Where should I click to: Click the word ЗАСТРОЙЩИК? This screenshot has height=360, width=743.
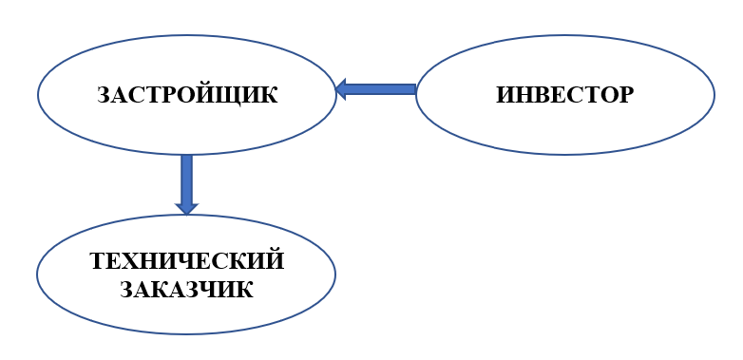click(x=187, y=95)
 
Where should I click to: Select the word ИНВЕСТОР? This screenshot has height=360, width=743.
click(x=564, y=95)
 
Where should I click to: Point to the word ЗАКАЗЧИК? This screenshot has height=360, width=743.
click(x=187, y=289)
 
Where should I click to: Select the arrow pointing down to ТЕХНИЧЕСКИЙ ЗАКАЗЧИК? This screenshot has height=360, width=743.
click(x=186, y=180)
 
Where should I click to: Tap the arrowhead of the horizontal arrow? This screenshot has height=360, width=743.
click(x=342, y=89)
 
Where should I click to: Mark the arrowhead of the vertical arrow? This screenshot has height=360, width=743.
click(x=186, y=206)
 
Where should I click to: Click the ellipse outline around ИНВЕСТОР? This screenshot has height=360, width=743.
click(x=565, y=36)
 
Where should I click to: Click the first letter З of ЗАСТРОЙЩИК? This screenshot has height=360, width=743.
click(x=105, y=95)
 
